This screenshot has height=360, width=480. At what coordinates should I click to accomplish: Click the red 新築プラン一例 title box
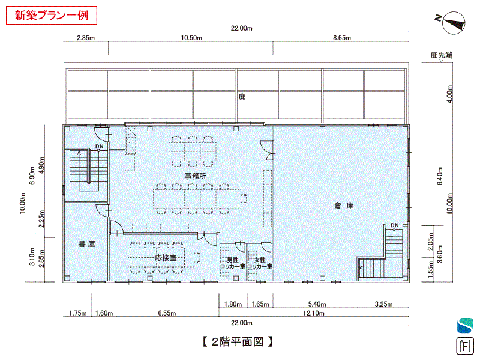pos(52,15)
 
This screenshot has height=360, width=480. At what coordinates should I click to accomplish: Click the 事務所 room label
pos(196,176)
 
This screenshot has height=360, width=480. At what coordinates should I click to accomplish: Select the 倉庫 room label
pos(344,205)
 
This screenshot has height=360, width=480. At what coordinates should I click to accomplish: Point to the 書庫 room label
pos(86,244)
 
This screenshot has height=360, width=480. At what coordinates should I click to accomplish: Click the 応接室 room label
pos(166,258)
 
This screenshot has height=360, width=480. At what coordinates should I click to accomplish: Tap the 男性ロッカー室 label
pos(233,263)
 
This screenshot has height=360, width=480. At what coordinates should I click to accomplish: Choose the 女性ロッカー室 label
pos(260,263)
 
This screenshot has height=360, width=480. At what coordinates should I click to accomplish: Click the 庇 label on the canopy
pos(242,97)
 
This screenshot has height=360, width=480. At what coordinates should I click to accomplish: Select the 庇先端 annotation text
pos(441,55)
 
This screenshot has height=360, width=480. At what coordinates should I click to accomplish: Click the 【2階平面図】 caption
pos(237,341)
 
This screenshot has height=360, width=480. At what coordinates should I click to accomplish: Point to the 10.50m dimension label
pos(191,38)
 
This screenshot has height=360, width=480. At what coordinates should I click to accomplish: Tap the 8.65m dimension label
pos(342,38)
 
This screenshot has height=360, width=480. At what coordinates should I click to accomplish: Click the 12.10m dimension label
pos(313,313)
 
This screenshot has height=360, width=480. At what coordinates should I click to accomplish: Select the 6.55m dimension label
pos(167,313)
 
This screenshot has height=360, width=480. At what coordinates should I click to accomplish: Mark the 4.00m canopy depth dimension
pos(449,94)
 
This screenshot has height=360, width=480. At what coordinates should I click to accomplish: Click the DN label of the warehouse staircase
pos(395,226)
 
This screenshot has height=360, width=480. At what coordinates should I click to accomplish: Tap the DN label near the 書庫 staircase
pos(100,146)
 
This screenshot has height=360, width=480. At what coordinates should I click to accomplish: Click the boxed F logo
pos(465,346)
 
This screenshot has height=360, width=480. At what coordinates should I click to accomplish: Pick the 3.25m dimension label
pos(383,304)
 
